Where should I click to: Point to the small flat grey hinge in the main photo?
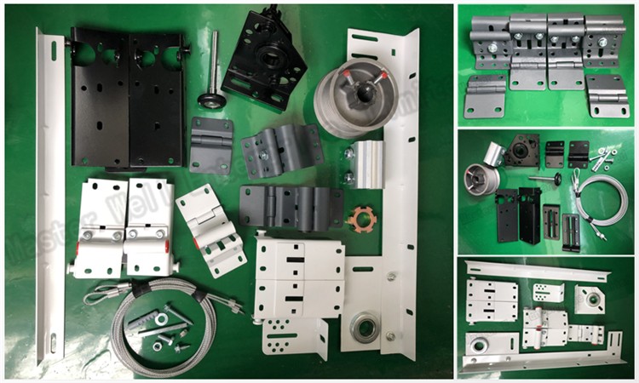point(210,145)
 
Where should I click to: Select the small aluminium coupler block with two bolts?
point(366,163)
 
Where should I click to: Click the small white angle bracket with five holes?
point(295,336)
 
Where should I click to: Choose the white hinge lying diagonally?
point(210,228)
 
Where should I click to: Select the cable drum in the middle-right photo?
point(480,180)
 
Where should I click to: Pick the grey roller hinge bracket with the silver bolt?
point(281,149)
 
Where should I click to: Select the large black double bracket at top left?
point(129,99)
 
